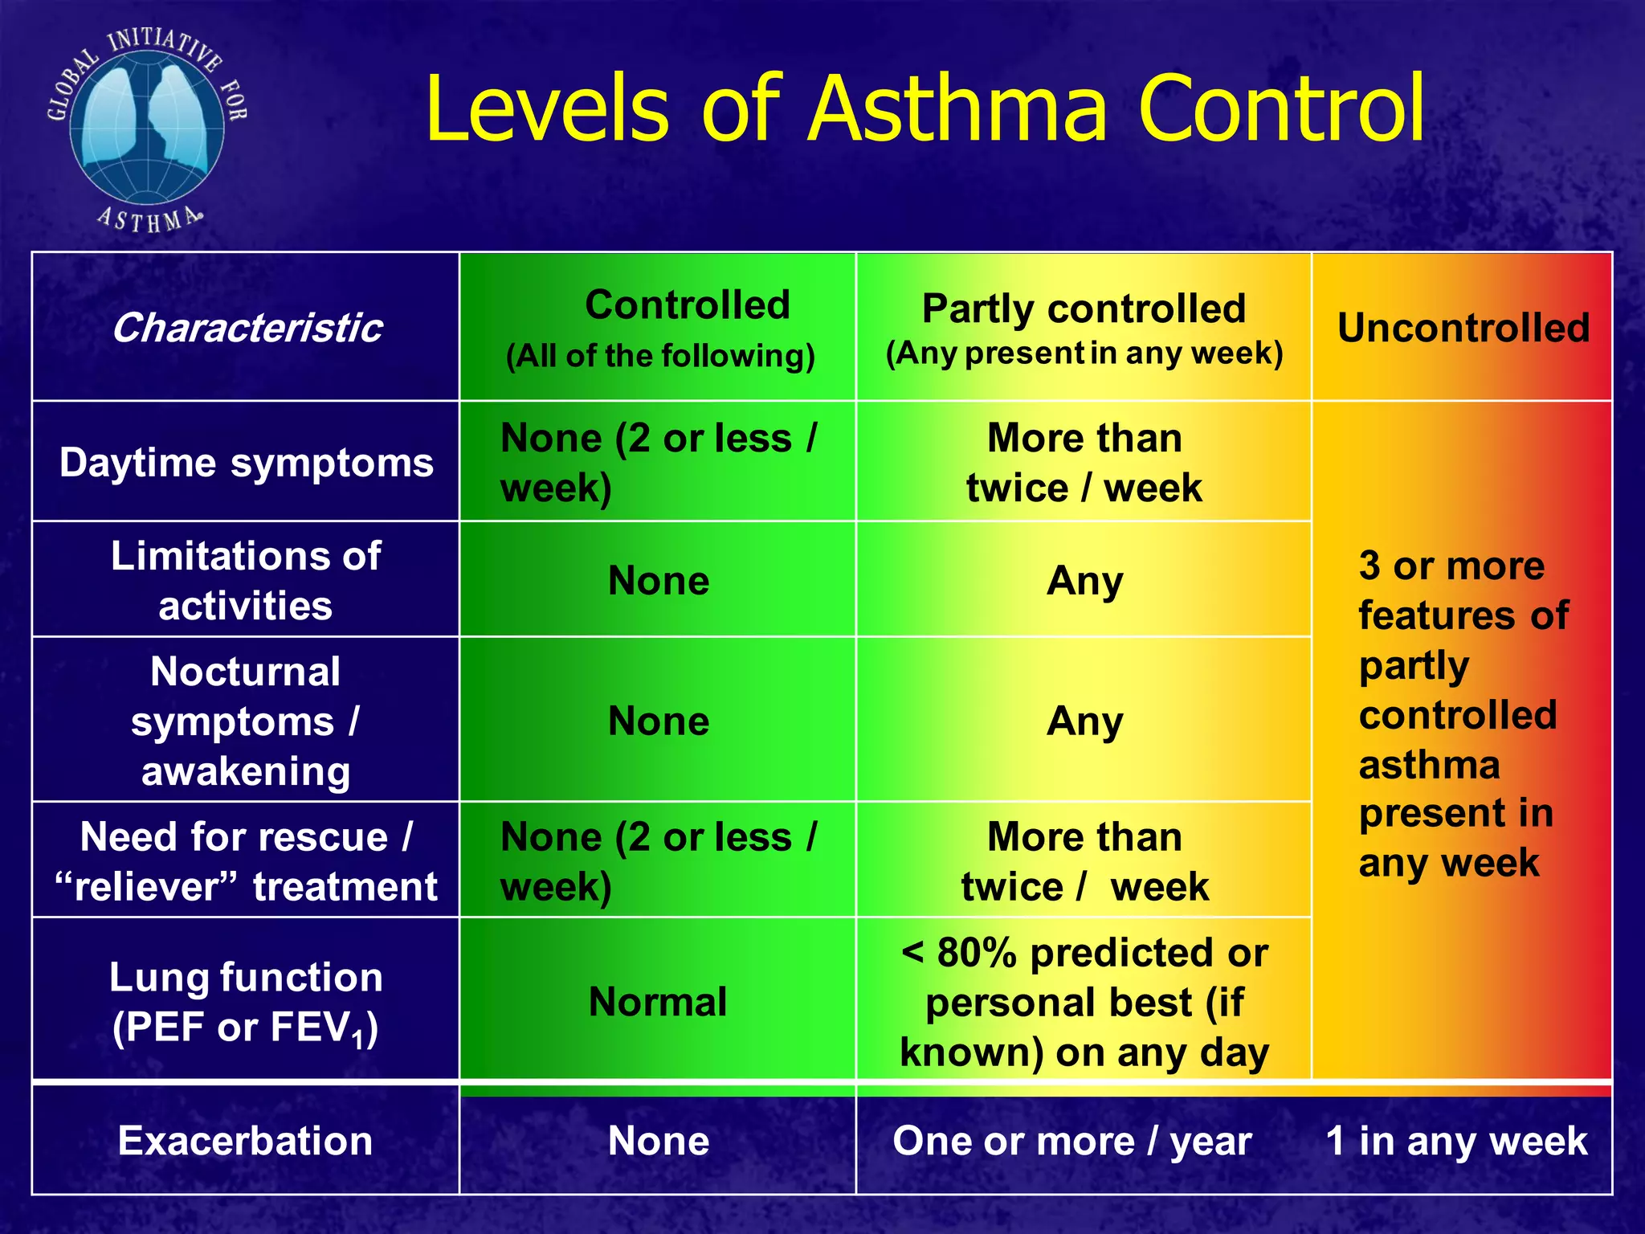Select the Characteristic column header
point(246,328)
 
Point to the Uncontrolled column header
point(1463,328)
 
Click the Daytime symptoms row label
point(246,463)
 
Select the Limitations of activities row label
point(246,580)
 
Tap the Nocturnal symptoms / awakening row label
point(246,721)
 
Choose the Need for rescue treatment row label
point(246,861)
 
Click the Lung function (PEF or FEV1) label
point(246,1002)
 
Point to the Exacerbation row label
point(246,1141)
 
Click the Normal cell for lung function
point(658,1002)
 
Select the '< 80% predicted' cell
point(1084,1002)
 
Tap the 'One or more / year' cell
point(1072,1141)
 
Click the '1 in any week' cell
point(1456,1141)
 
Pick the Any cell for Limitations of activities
point(1084,580)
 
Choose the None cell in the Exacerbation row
point(659,1141)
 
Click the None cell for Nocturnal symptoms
point(659,721)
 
